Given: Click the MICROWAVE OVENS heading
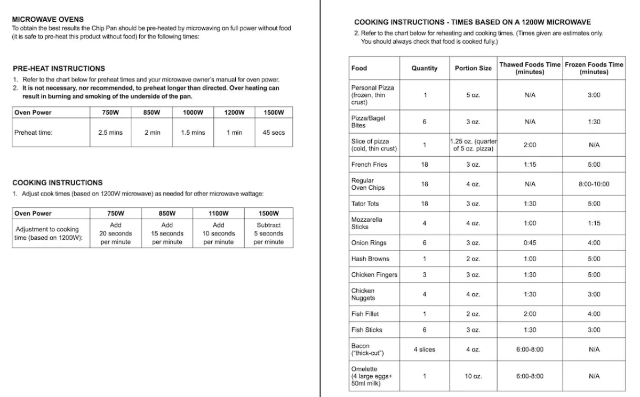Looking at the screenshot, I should (x=47, y=19).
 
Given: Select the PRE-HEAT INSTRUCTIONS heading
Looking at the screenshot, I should (x=59, y=68).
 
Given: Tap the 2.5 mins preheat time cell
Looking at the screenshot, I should (x=110, y=133).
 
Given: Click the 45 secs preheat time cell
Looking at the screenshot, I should (x=274, y=133).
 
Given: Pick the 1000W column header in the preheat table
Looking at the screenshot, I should (x=193, y=112).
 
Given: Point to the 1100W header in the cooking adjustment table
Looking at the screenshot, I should (x=218, y=213).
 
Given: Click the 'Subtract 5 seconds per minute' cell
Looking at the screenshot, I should (x=268, y=233).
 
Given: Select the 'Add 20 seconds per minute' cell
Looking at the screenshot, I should (x=116, y=233).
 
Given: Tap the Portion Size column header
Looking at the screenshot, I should (x=473, y=68).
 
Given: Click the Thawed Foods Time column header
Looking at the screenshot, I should (x=530, y=68).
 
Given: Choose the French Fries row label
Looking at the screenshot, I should (x=369, y=165).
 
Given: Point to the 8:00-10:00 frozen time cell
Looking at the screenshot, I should (x=594, y=184).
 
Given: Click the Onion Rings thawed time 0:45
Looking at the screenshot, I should (x=530, y=243).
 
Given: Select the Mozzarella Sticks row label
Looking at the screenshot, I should (x=366, y=223).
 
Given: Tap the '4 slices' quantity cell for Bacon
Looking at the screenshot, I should (x=425, y=350).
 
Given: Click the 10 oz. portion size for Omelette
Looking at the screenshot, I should (x=473, y=376).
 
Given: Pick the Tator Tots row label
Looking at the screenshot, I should (x=365, y=204).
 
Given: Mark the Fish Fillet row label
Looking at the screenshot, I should (x=365, y=314).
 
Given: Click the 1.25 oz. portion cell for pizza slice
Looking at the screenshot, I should (x=473, y=145).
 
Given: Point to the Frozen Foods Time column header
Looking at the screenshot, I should (x=594, y=68).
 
